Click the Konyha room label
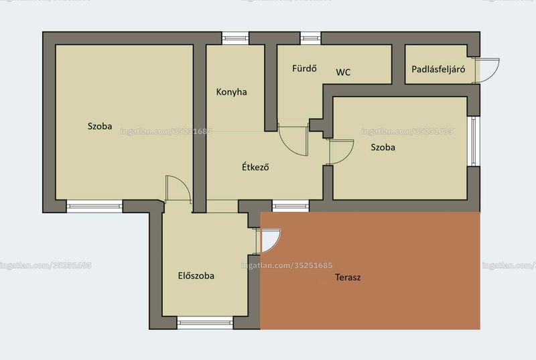[x=231, y=92]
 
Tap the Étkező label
[x=255, y=167]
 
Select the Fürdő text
[x=304, y=68]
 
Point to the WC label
[x=343, y=72]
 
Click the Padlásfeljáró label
[x=438, y=70]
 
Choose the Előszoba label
[x=196, y=276]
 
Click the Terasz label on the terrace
[x=348, y=277]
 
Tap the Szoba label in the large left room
[x=100, y=126]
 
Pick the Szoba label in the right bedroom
[x=383, y=147]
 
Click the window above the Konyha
[x=235, y=38]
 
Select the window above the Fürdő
[x=311, y=38]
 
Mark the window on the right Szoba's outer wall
[x=474, y=141]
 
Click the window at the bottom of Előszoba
[x=205, y=322]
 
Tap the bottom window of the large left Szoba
[x=94, y=206]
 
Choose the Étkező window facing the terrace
[x=291, y=206]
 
